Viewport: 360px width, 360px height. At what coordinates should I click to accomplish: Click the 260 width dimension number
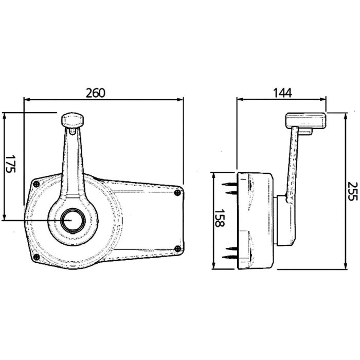pyautogui.click(x=96, y=93)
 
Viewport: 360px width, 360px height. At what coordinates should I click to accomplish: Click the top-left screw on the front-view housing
pyautogui.click(x=37, y=184)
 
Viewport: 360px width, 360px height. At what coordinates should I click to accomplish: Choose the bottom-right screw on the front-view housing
pyautogui.click(x=177, y=249)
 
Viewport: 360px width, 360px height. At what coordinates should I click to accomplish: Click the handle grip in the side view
pyautogui.click(x=306, y=121)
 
